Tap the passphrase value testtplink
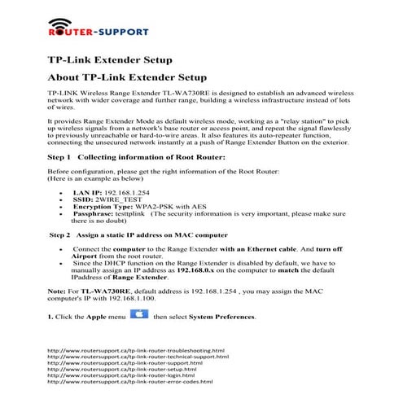[x=142, y=214]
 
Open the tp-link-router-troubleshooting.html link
[x=136, y=351]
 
